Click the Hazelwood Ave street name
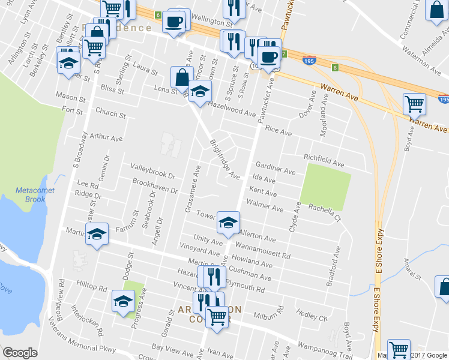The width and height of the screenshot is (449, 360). [x=232, y=107]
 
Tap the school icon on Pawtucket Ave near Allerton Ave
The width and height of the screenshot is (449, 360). [x=228, y=223]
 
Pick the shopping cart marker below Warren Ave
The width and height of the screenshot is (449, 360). [x=414, y=104]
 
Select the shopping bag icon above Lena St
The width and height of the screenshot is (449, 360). [x=182, y=77]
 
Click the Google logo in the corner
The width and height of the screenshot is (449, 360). [x=20, y=353]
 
